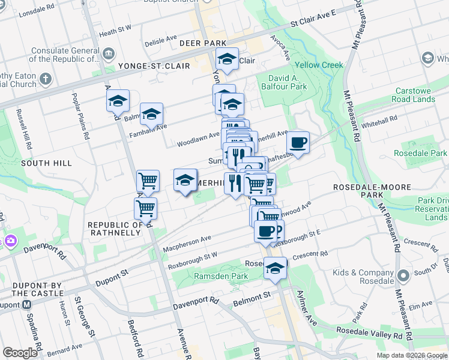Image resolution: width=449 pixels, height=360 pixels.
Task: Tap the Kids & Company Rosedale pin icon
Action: (403, 277)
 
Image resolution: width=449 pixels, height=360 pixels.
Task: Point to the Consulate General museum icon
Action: (109, 55)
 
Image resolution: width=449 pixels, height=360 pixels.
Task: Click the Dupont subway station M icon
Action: (27, 304)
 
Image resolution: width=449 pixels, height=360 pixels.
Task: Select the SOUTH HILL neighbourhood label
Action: (46, 163)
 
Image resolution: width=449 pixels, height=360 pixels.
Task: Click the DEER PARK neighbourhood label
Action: (202, 43)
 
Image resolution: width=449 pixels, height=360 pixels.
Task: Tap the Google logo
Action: (20, 353)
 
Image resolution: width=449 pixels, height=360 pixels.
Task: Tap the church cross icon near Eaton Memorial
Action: (45, 79)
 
